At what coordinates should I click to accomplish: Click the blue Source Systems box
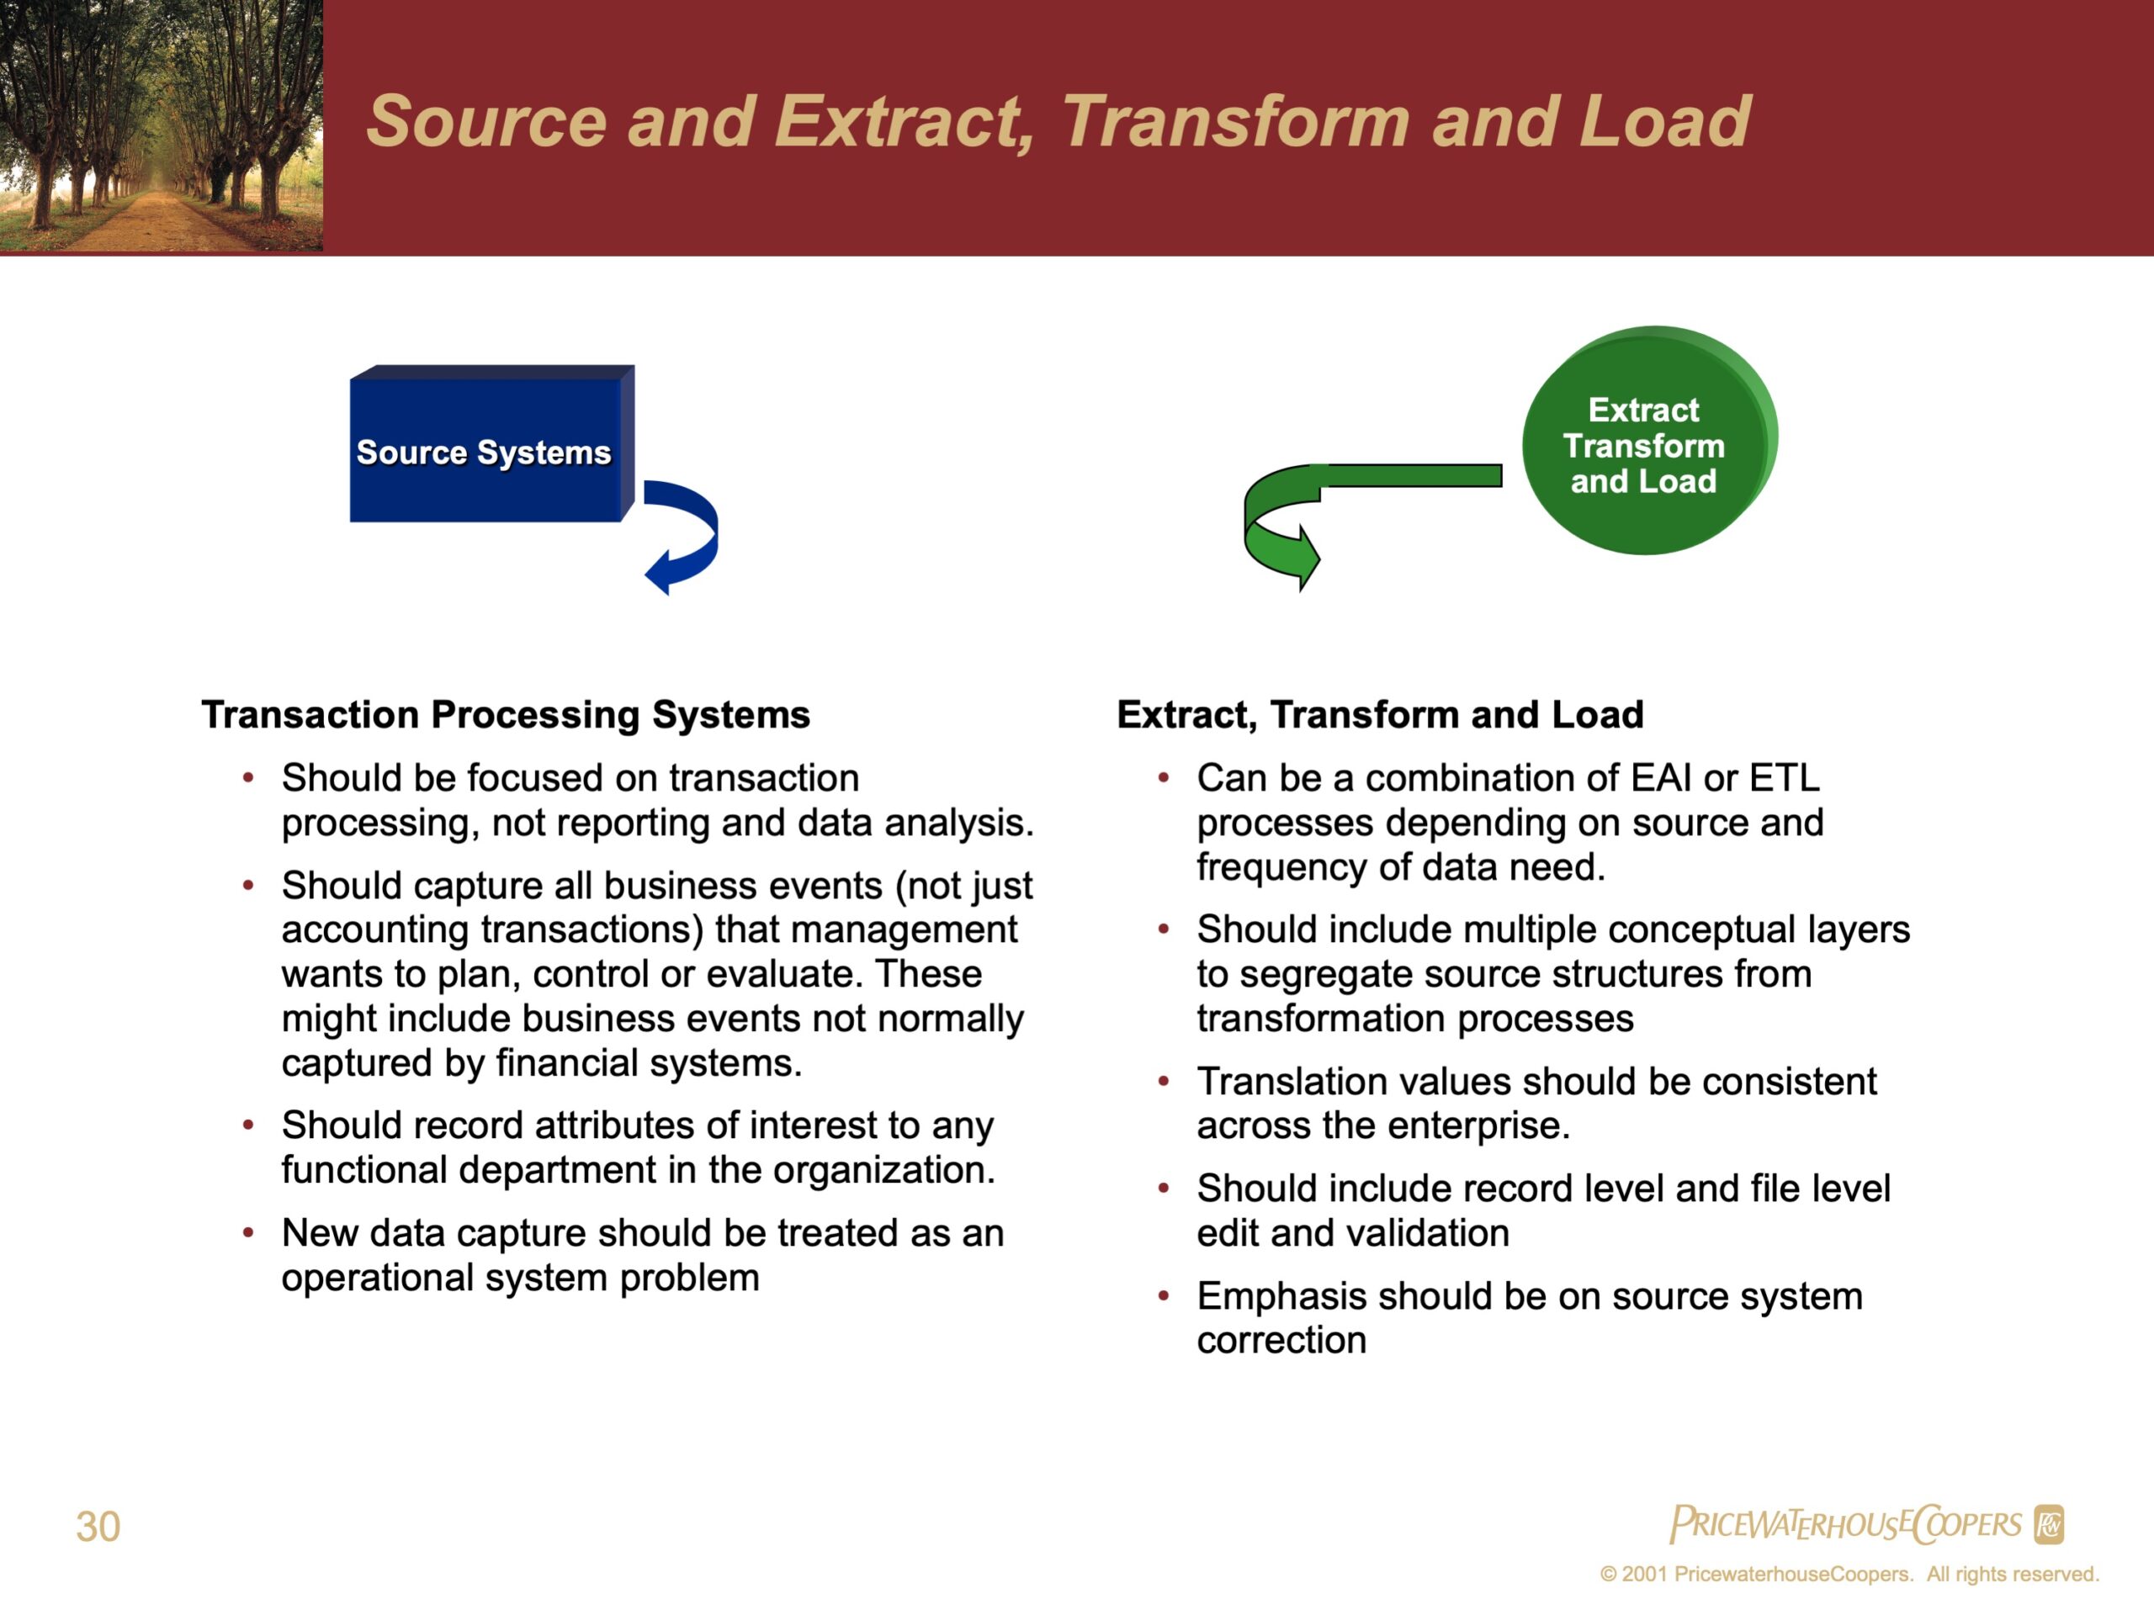click(x=491, y=444)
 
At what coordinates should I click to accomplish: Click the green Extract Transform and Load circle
click(x=1650, y=440)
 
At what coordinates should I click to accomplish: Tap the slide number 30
click(x=98, y=1527)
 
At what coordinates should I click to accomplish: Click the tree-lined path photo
click(x=162, y=125)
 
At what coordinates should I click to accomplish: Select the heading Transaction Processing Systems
click(x=506, y=714)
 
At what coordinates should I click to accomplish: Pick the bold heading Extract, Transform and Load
click(x=1380, y=714)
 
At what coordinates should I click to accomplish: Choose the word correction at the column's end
click(x=1281, y=1341)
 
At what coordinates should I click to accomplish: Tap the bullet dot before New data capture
click(x=248, y=1233)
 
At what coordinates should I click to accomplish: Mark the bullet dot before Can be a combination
click(x=1163, y=778)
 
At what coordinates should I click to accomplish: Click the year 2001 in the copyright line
click(x=1645, y=1574)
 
